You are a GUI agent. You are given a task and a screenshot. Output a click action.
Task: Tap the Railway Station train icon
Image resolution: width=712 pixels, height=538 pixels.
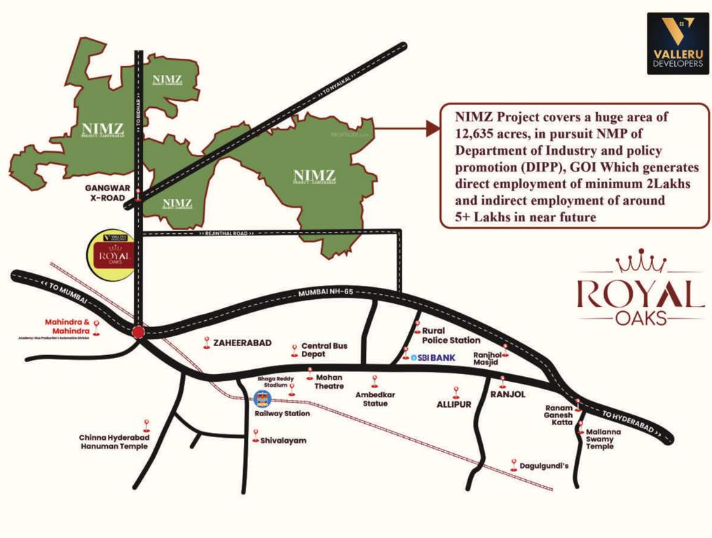261,400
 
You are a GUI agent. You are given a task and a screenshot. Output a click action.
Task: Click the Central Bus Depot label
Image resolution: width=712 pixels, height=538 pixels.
324,350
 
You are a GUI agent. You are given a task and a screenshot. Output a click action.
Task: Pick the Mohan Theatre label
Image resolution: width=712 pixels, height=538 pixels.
329,381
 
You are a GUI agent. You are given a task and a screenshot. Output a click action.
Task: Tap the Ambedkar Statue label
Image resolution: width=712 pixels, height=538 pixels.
375,399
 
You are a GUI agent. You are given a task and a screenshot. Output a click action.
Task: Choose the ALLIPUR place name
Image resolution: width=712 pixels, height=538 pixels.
454,404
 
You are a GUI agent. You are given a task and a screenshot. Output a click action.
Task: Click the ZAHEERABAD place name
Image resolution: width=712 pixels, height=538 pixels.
241,343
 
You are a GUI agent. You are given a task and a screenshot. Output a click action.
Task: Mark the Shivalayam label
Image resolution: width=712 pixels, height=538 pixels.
283,441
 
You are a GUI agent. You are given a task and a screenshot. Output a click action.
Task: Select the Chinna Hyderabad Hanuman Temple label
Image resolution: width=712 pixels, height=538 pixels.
113,441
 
